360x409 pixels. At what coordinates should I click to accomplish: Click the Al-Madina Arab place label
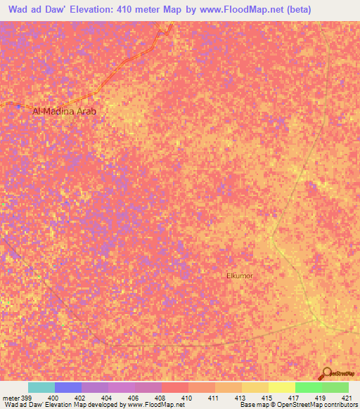64,111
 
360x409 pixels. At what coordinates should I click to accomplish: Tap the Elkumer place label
240,276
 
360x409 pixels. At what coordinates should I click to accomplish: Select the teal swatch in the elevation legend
41,387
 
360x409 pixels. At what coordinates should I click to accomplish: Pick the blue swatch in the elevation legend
68,387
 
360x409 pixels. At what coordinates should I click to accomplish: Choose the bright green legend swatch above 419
309,387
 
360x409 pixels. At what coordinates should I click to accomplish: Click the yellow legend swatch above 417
282,387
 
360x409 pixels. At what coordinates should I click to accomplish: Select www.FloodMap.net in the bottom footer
150,405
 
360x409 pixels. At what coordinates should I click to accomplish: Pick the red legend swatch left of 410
175,387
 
